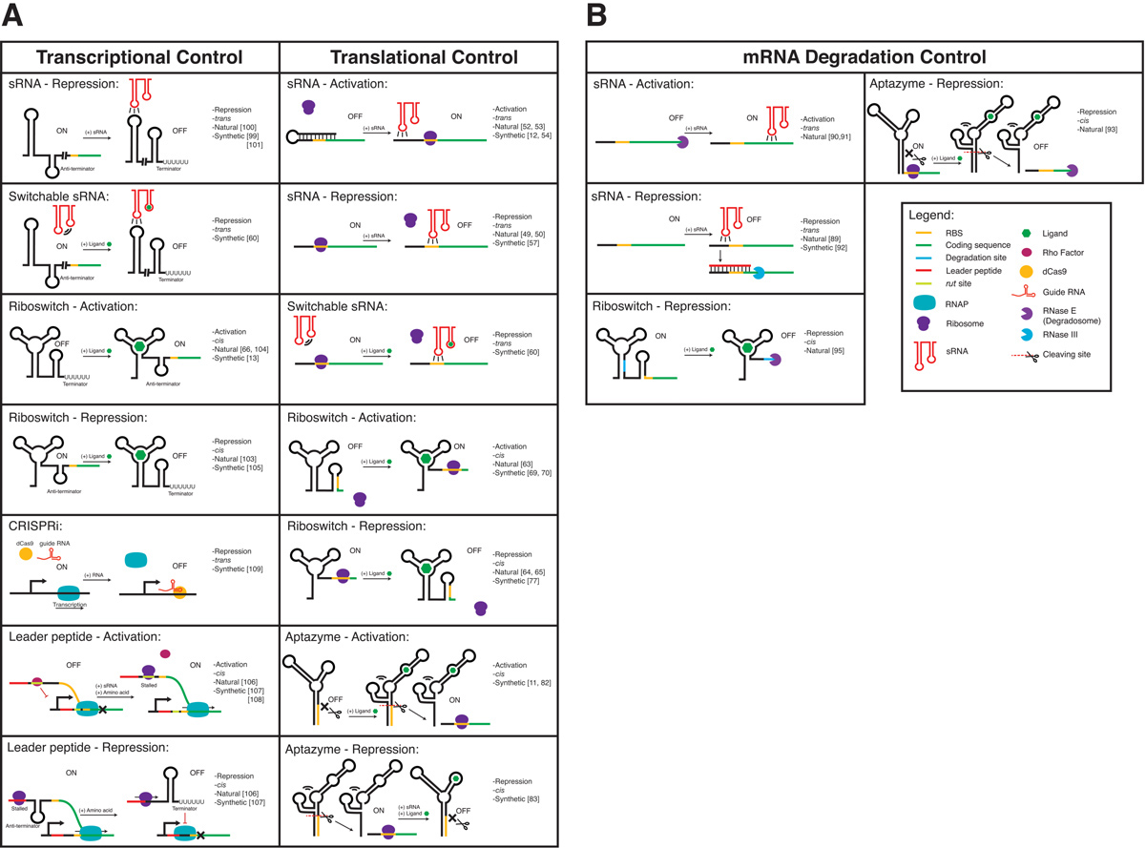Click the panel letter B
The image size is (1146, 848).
pos(596,15)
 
